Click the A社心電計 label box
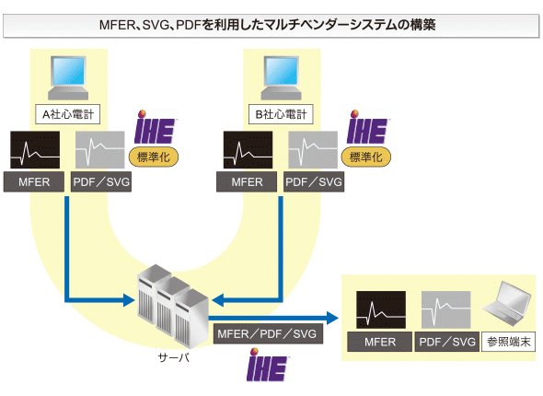tap(67, 114)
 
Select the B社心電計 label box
tap(281, 114)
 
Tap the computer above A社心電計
tap(68, 78)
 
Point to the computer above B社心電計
tap(282, 78)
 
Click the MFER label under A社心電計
tap(34, 182)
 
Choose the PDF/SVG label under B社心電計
tap(314, 182)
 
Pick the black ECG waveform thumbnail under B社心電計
tap(248, 150)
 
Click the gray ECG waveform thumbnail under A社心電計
tap(100, 150)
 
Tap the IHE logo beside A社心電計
tap(155, 127)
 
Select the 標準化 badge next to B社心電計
tap(366, 157)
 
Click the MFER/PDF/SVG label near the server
tap(268, 333)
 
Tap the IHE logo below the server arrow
tap(268, 365)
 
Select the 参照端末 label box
tap(508, 342)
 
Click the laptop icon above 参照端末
tap(508, 304)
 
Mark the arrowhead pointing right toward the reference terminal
tap(332, 318)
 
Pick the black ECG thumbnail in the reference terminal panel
tap(381, 309)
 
